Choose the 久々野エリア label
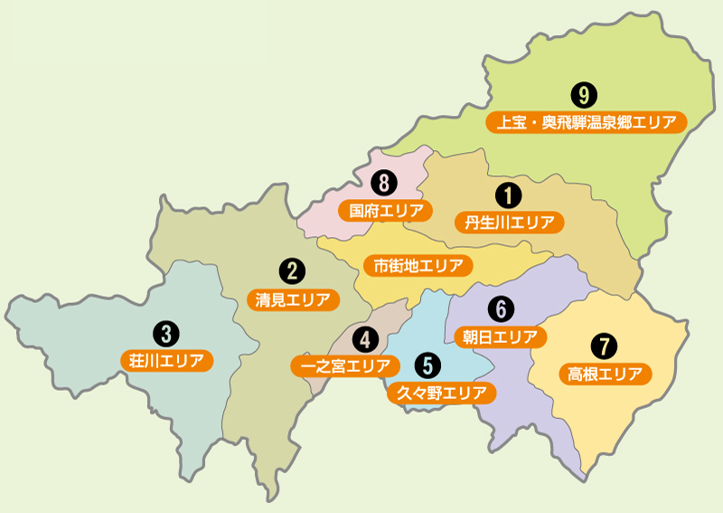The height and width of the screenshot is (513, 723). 442,394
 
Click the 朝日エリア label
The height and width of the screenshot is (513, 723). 500,337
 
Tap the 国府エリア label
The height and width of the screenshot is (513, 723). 386,211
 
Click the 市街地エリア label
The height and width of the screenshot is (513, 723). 418,266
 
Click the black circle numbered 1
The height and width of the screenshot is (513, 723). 508,194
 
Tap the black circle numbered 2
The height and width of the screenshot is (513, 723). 290,270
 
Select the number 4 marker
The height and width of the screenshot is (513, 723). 365,339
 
